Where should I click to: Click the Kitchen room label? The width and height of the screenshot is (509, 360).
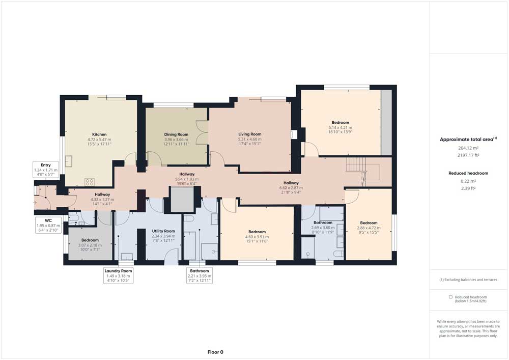[99, 134]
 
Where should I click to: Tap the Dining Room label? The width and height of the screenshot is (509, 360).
[176, 134]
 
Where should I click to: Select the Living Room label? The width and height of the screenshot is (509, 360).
[249, 134]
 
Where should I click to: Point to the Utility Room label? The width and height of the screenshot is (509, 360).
[163, 231]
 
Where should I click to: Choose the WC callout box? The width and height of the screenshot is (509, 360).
[48, 225]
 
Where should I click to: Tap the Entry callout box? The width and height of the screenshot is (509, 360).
[46, 170]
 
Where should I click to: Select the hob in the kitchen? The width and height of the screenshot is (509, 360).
[90, 182]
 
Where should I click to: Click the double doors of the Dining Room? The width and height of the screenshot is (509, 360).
[202, 132]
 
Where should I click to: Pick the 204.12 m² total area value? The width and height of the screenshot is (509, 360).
[468, 148]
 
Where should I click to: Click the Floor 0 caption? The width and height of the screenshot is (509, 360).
[215, 352]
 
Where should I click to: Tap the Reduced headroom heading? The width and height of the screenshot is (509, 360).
[468, 173]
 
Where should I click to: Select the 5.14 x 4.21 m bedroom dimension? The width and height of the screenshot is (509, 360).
[340, 128]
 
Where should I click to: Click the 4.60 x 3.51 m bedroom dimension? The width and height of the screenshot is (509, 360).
[257, 237]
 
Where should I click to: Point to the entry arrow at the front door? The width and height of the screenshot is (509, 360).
[35, 203]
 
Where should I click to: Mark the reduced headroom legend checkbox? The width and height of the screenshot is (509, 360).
[450, 297]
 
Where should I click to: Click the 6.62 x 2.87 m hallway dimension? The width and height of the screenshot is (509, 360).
[291, 187]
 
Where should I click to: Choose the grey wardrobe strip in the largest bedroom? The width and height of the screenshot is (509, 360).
[386, 122]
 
